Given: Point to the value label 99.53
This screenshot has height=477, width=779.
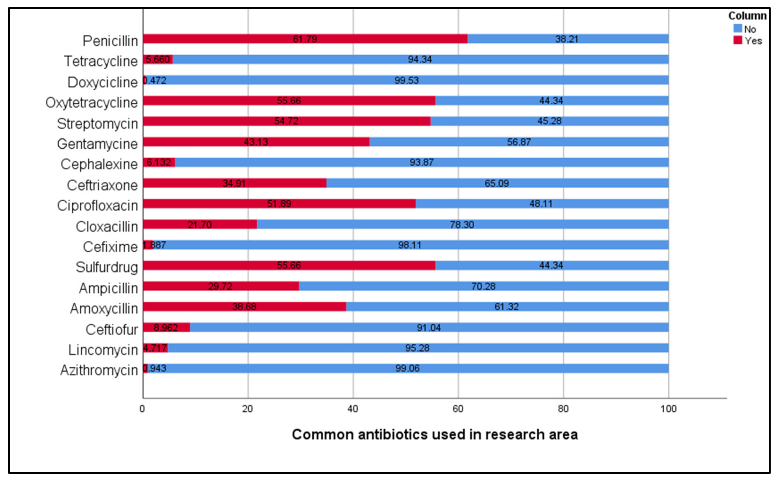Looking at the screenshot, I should tap(406, 80).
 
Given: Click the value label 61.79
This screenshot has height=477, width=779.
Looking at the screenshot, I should tap(305, 39).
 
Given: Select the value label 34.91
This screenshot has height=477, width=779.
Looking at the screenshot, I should tap(234, 183).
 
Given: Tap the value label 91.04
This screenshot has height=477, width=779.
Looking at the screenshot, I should tap(428, 327).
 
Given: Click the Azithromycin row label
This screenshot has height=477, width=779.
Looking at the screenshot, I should tap(99, 370).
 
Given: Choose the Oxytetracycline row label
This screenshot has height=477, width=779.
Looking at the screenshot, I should tap(92, 103).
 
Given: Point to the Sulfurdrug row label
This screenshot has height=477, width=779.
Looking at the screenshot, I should tap(107, 267).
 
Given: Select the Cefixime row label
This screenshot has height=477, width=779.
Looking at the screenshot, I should tap(110, 247).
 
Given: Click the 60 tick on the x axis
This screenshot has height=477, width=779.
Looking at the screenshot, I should tap(458, 409).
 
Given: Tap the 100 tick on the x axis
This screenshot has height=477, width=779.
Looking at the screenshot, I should tap(668, 409).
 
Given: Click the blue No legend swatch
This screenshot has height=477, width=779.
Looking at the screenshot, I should tap(738, 28).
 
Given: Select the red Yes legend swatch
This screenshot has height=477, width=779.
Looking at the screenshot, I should tap(738, 41).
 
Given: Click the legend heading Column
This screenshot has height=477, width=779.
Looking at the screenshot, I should tap(747, 16).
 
